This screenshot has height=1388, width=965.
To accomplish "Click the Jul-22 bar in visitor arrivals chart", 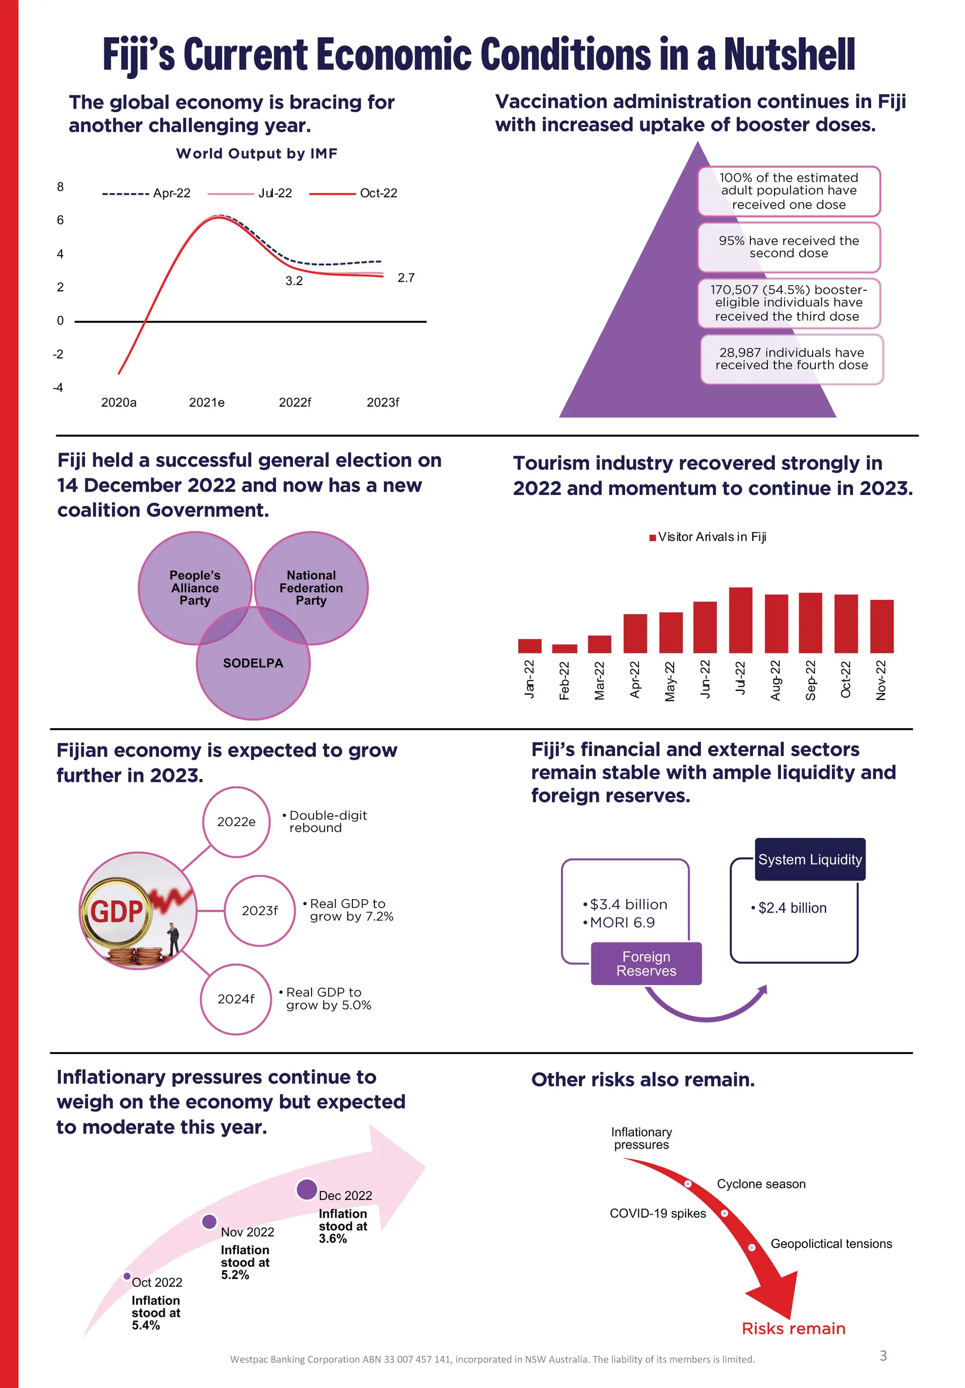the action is (740, 620).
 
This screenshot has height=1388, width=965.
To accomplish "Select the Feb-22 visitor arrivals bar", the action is (564, 649).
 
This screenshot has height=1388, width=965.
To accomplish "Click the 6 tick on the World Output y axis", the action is (60, 220).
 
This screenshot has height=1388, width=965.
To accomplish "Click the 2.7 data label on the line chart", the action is (406, 278).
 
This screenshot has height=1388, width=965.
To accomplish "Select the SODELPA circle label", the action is (253, 663).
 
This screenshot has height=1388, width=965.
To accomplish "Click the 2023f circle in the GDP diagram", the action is (260, 910).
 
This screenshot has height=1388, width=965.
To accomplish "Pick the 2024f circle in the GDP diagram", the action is (236, 999).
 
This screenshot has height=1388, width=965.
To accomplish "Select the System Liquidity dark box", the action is (810, 859).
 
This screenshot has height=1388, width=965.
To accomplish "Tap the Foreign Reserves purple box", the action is (646, 964).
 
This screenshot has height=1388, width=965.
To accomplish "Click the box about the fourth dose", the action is (792, 359).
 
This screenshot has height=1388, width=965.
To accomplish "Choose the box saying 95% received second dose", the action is (789, 247).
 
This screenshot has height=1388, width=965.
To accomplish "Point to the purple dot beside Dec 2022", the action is (307, 1189).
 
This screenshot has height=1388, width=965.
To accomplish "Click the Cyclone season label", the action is (761, 1184).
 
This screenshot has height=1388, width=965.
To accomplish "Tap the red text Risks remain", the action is (794, 1328).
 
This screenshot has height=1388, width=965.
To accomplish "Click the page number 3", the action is (883, 1355).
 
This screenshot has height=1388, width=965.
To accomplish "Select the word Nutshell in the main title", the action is (789, 54).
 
